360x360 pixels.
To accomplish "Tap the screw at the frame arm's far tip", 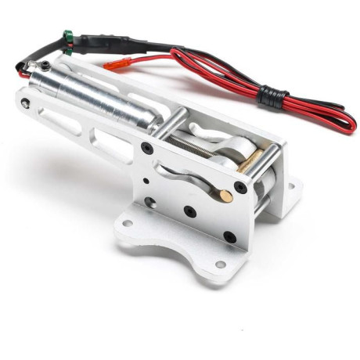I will pyautogui.click(x=25, y=103).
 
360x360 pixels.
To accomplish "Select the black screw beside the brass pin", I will pyautogui.click(x=241, y=188).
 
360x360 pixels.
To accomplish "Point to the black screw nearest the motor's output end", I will pyautogui.click(x=147, y=149).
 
